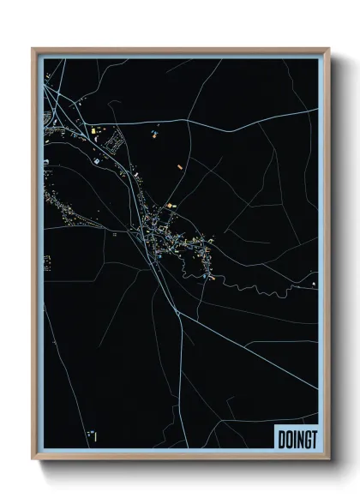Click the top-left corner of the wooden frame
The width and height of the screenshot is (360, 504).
(33, 49)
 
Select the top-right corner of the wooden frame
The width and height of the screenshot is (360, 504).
(327, 49)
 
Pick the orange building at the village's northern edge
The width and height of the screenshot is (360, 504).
(170, 206)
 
